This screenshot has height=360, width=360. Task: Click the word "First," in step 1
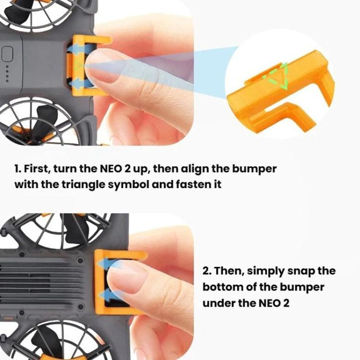coord(37,169)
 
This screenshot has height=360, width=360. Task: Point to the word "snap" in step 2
coord(301,272)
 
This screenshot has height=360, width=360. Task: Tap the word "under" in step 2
coord(218,303)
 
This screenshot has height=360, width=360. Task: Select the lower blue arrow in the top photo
coord(81,84)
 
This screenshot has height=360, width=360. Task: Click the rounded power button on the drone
coord(7,54)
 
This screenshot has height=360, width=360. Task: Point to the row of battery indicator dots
coord(7,74)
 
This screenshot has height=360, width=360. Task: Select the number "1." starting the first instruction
coord(17,169)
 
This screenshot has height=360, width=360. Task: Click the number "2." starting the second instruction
coord(207,271)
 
